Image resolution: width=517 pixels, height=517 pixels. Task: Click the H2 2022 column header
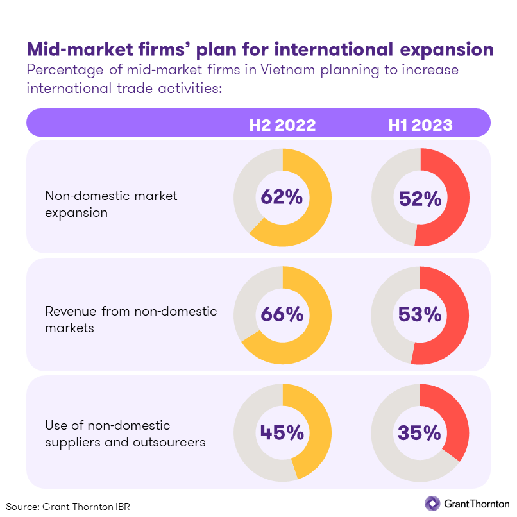point(282,124)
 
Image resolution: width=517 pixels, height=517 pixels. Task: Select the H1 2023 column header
point(420,124)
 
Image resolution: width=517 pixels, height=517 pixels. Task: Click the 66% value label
point(282,314)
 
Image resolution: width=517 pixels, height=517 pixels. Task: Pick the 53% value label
point(420,314)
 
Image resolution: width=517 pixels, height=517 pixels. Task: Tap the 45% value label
point(282,432)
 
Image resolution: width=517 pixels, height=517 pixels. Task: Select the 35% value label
point(420,432)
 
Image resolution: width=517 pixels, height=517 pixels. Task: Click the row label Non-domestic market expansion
point(110,203)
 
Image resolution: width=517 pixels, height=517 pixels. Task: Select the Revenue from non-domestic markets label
point(131,319)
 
